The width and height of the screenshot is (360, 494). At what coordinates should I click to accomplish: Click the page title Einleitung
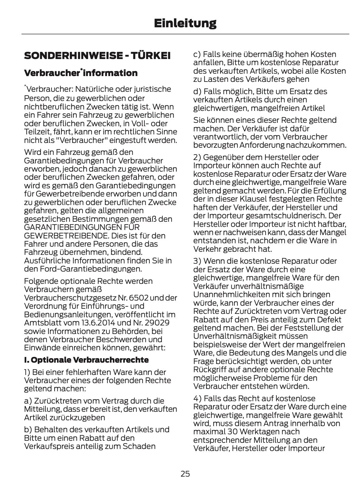(185, 23)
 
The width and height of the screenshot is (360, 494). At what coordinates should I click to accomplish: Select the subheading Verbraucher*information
(81, 73)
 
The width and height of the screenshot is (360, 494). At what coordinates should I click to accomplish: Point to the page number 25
(185, 474)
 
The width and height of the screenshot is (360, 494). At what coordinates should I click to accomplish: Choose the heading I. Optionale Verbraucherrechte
(86, 360)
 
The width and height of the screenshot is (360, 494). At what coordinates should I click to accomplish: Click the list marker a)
(28, 401)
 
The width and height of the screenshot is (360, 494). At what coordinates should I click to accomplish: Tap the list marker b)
(28, 430)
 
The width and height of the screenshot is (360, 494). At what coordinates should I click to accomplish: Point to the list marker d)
(197, 91)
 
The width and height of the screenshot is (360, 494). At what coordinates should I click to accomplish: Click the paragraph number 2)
(197, 157)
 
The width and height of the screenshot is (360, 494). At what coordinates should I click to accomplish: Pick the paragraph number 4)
(197, 398)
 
